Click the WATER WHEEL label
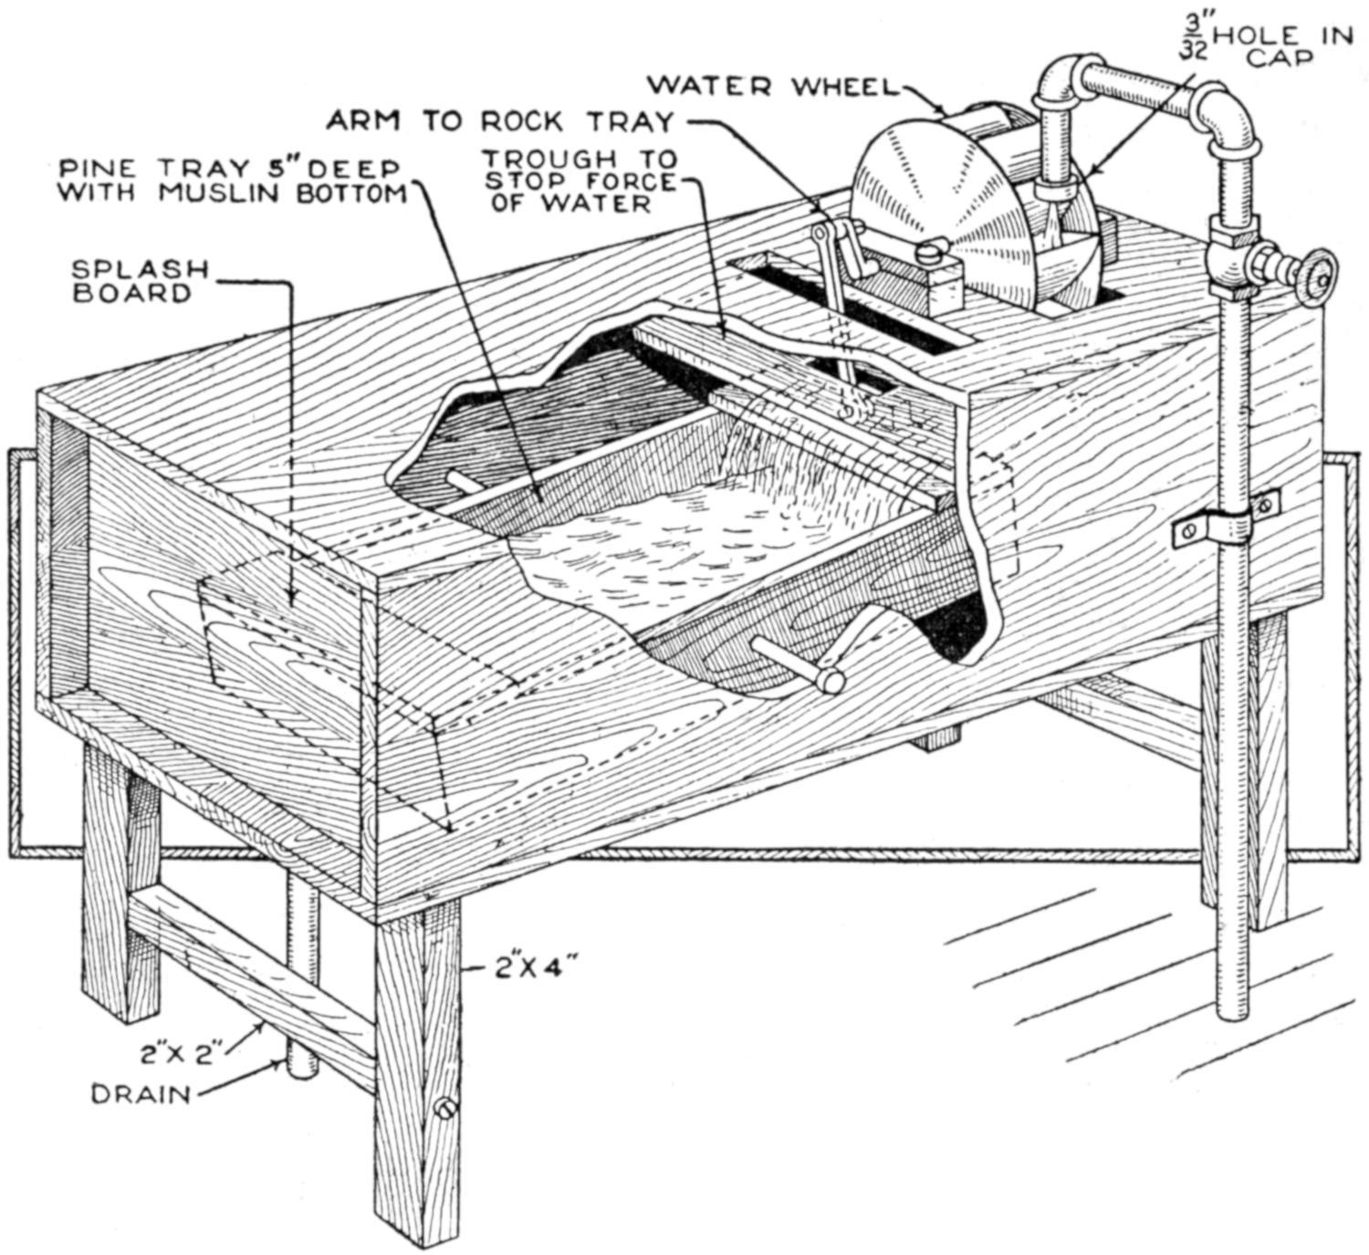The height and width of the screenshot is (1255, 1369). click(x=771, y=86)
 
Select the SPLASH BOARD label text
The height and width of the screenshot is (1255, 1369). click(x=141, y=281)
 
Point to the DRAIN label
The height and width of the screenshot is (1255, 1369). click(x=141, y=1093)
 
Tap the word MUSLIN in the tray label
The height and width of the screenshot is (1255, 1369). click(x=245, y=193)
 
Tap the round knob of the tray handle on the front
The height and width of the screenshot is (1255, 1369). click(x=830, y=680)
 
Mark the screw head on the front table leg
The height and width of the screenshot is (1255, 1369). click(x=444, y=1108)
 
